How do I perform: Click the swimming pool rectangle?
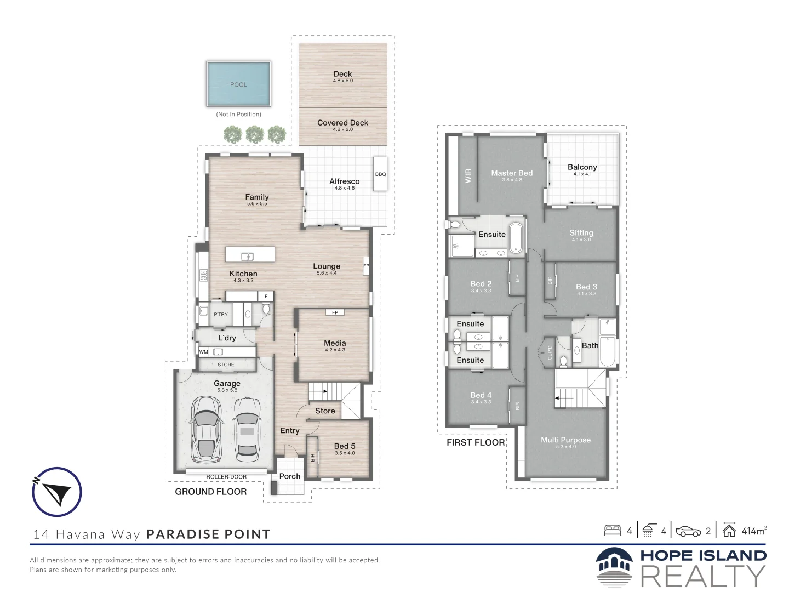point(238,83)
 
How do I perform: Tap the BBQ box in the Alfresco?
point(380,174)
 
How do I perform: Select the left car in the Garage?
point(206,430)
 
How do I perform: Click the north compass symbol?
point(57,492)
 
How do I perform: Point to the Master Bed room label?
point(512,173)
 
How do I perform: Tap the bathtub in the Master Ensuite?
point(516,238)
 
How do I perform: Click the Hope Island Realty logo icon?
point(614,568)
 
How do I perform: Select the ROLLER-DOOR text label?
point(226,477)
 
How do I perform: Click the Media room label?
point(335,343)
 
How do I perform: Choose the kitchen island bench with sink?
point(250,255)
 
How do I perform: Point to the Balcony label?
point(582,167)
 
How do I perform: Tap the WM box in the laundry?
point(204,352)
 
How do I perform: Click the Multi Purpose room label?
point(565,440)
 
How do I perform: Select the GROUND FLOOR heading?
point(210,492)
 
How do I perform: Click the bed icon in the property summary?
point(613,530)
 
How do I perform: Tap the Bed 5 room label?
point(345,446)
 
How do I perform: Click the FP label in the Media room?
point(335,312)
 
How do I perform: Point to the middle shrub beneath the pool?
point(255,134)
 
